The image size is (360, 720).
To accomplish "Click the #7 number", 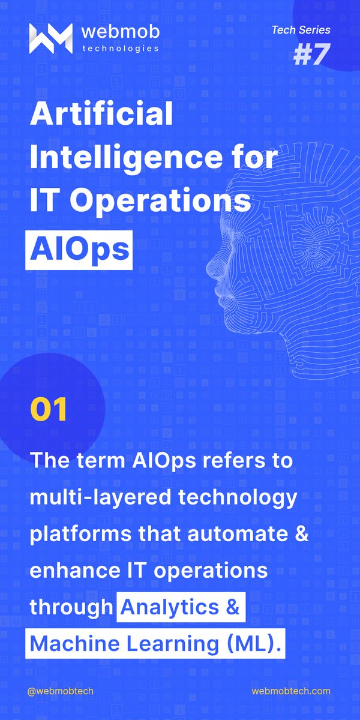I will pos(311,54).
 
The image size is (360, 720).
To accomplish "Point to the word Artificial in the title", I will pos(101,114).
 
